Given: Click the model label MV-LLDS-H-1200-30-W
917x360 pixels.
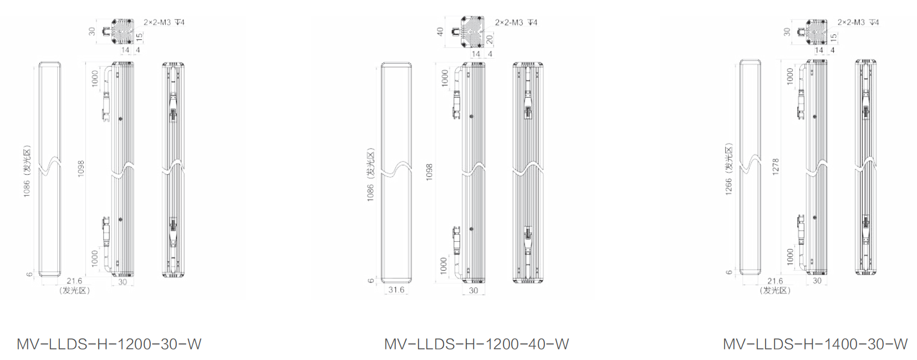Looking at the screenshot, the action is pos(109,344).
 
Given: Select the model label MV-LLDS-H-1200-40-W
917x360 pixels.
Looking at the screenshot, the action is pos(476,344).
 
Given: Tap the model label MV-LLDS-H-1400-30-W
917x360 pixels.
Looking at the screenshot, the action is pos(815,344).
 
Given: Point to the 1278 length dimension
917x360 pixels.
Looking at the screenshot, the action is pos(776,167).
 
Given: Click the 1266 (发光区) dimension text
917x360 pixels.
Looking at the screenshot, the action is pos(728,169).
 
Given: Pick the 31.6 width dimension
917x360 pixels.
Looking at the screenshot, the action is pos(396,290).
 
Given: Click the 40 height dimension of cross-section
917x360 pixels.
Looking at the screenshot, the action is pos(440,32).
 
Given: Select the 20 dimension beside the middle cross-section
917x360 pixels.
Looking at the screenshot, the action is pos(490,39).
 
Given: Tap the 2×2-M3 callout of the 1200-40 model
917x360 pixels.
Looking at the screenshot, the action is pos(516,23).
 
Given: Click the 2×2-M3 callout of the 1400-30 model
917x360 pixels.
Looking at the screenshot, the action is pos(858,22).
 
